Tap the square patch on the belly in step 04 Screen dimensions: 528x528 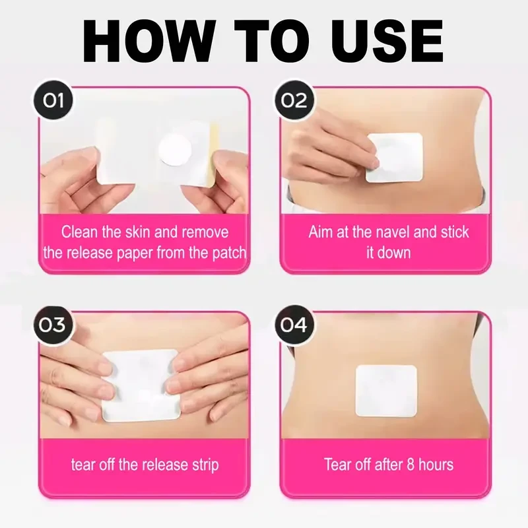click(x=387, y=391)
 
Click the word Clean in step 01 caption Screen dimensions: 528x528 click(x=78, y=232)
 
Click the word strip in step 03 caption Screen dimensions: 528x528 click(x=203, y=464)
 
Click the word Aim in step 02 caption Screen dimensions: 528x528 click(x=321, y=232)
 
